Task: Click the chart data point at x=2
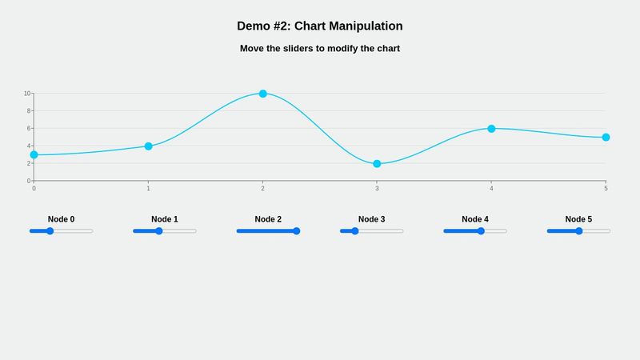coord(262,94)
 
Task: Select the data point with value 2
coord(377,164)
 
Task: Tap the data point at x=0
coord(34,155)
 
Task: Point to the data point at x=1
coord(148,146)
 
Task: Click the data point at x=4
coord(491,129)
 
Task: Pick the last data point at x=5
coord(606,138)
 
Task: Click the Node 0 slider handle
coord(50,231)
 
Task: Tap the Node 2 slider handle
coord(296,231)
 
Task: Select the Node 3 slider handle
coord(355,231)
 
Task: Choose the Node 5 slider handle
coord(578,231)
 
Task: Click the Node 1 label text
coord(165,219)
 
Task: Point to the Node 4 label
coord(475,219)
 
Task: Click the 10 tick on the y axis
coord(26,94)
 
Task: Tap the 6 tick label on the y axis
coord(28,129)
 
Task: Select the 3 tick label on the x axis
coord(377,188)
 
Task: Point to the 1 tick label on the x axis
coord(148,188)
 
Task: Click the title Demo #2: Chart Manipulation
coord(320,26)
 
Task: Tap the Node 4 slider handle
coord(481,231)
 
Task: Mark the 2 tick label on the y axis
coord(28,164)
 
